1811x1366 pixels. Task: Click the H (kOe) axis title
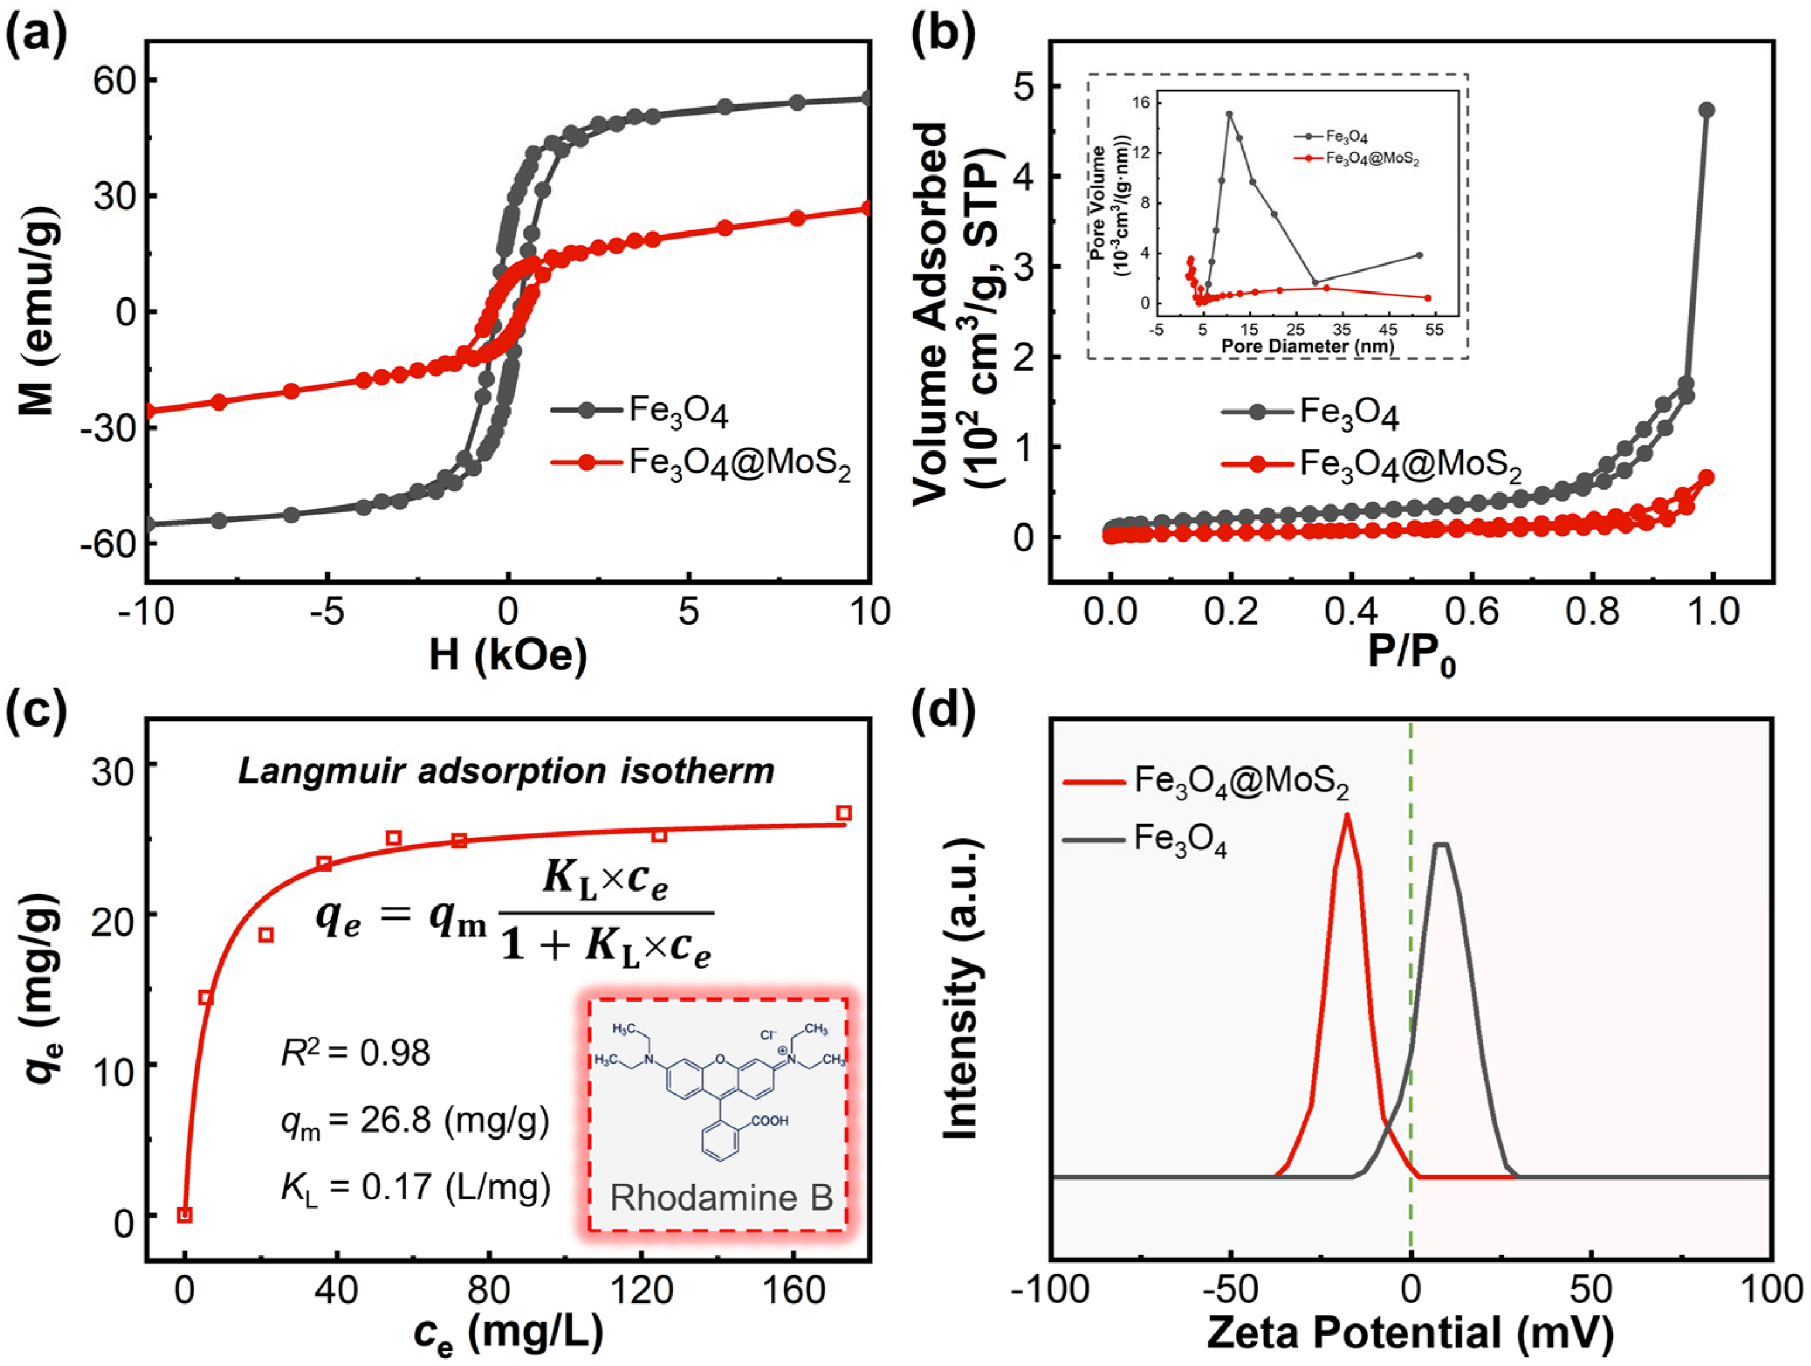point(507,654)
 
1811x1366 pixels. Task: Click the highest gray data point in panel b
point(1706,111)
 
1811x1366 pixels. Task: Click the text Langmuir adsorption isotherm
point(506,771)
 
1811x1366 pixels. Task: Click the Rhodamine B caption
point(721,1198)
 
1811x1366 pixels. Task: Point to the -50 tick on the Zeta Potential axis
point(1230,1291)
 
